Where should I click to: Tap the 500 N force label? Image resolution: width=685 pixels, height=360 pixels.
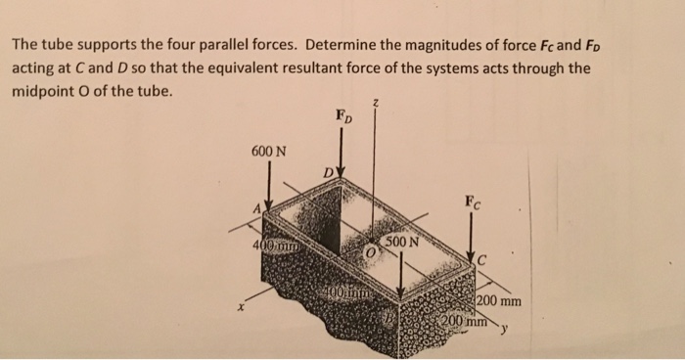[x=401, y=241]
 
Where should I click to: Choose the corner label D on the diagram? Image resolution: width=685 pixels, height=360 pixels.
[x=329, y=176]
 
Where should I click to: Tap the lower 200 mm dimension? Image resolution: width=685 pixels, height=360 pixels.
[x=461, y=321]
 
